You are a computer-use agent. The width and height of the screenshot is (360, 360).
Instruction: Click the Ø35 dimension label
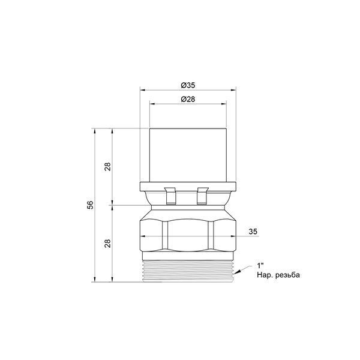[188, 85]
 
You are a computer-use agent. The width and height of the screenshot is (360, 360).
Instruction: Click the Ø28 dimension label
[188, 99]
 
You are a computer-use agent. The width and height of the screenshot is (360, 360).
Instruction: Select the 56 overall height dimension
[91, 205]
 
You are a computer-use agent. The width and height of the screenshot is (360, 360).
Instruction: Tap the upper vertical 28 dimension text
[107, 166]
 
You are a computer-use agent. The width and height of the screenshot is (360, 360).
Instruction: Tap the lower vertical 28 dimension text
[107, 243]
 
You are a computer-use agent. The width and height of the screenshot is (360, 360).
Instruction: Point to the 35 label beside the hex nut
[253, 232]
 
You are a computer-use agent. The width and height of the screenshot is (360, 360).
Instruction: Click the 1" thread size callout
[260, 266]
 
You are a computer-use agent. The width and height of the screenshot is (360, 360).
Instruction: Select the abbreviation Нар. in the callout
[264, 275]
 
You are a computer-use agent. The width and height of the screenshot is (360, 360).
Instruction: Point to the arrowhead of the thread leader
[237, 272]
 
